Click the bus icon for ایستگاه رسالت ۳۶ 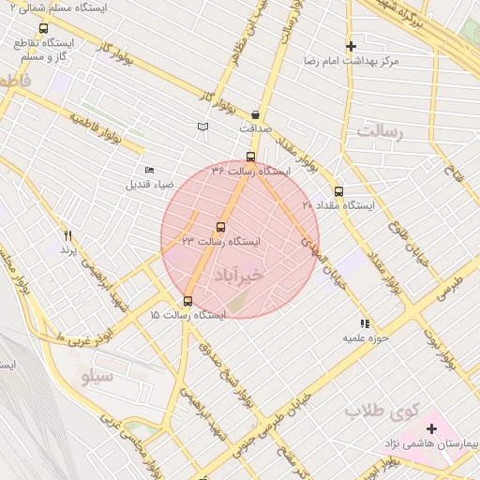point(250,157)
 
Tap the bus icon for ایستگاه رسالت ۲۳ point(221,227)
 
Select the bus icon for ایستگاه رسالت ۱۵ point(188,301)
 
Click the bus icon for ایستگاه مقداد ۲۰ point(338,191)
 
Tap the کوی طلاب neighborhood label point(379,411)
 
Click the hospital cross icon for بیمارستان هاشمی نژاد point(432,428)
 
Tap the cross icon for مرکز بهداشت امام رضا point(351,46)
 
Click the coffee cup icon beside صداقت point(256,114)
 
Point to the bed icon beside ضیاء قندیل point(150,170)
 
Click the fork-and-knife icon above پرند point(67,234)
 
